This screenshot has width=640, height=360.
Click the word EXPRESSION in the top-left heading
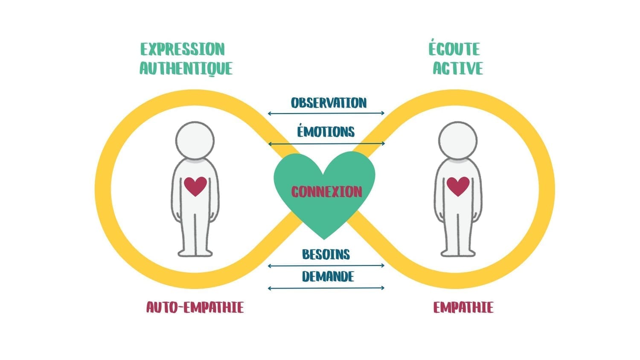click(182, 49)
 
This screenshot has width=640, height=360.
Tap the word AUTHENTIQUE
click(186, 69)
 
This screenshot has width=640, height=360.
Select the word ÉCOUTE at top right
click(454, 49)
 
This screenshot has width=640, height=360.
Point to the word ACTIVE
click(458, 69)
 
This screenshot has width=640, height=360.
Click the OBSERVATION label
click(329, 103)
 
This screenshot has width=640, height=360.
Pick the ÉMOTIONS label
click(326, 131)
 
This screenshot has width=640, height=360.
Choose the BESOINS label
click(326, 255)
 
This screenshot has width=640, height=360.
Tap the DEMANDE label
click(328, 276)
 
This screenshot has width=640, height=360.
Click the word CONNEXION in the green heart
click(326, 192)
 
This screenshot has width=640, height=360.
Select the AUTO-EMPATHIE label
click(195, 307)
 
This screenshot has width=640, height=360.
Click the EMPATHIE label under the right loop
click(463, 307)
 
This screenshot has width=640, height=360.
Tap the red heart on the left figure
click(195, 186)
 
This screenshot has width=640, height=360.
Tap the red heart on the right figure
click(458, 186)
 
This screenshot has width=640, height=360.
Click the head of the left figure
click(195, 141)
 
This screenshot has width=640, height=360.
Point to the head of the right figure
click(458, 141)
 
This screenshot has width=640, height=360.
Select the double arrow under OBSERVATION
click(326, 113)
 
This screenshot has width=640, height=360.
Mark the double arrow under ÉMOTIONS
click(326, 144)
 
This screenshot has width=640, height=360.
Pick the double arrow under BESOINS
click(326, 266)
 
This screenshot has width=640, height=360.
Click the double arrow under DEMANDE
click(326, 288)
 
